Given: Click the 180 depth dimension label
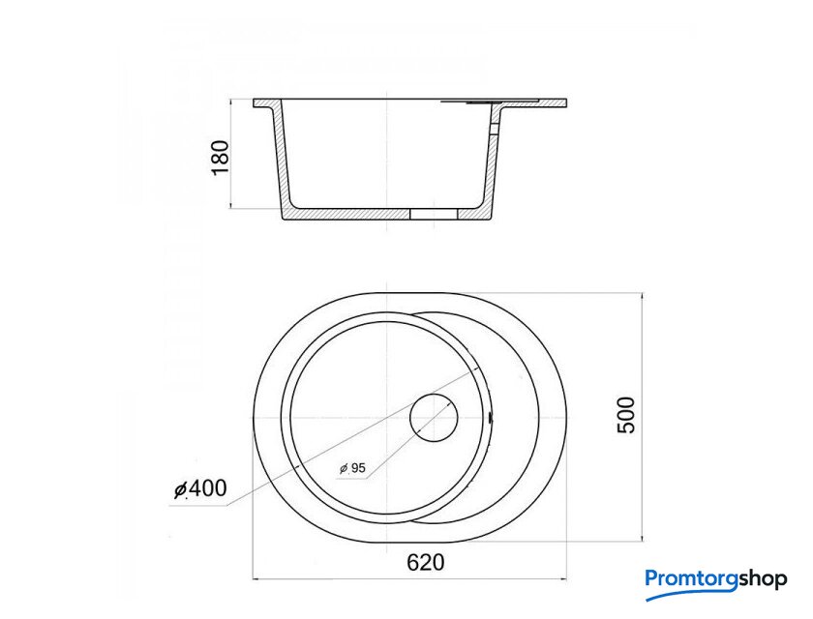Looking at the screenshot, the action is coord(221,158).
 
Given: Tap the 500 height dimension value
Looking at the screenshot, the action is coord(626,415).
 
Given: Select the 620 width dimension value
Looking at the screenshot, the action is coord(426,562).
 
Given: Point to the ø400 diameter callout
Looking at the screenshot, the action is coord(200,488).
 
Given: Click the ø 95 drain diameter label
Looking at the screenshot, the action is coord(352,468).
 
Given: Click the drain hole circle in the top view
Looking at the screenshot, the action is coord(434,394).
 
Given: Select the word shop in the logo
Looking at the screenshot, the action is coord(763,579).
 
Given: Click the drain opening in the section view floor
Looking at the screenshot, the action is coord(434,214).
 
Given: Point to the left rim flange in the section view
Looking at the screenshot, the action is coord(264,103).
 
